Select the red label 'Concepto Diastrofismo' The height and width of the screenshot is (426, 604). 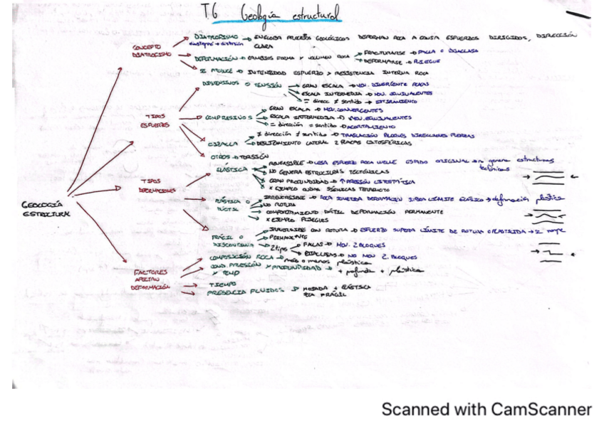[x=149, y=50]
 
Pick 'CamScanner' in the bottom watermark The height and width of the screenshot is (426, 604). [x=541, y=410]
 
